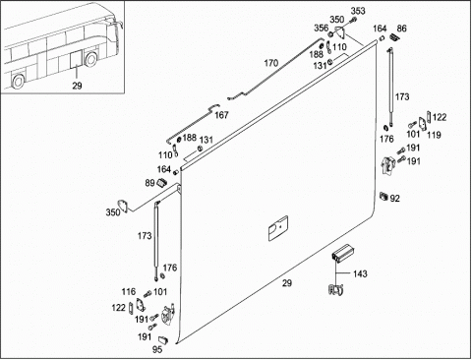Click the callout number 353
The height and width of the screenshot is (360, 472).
coord(358,11)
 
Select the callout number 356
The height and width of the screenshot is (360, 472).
coord(321,28)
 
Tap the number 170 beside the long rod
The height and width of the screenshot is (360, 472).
coord(271,63)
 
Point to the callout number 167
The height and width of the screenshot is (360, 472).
coord(221,115)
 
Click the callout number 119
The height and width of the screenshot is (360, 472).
coord(434,135)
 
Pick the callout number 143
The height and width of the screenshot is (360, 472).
coord(360,273)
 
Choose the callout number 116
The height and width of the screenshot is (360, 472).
coord(128,291)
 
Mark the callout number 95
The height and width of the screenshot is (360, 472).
coord(157,349)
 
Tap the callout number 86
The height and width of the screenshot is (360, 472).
coord(401,29)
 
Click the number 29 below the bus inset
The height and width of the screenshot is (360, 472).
coord(77,86)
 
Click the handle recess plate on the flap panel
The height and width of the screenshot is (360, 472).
coord(278,228)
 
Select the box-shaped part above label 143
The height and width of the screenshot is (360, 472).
coord(341,253)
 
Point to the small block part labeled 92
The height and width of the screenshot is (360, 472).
coord(383,196)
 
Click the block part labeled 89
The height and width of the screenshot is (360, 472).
coord(162,182)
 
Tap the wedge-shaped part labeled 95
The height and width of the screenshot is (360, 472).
coord(163,339)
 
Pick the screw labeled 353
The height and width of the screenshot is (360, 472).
coord(352,21)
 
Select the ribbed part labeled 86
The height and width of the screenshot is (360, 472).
coord(394,37)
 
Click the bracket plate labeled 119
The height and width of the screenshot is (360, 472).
coord(423,124)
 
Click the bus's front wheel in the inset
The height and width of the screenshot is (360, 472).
coord(90,58)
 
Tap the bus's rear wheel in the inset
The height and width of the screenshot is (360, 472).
coord(18,81)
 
